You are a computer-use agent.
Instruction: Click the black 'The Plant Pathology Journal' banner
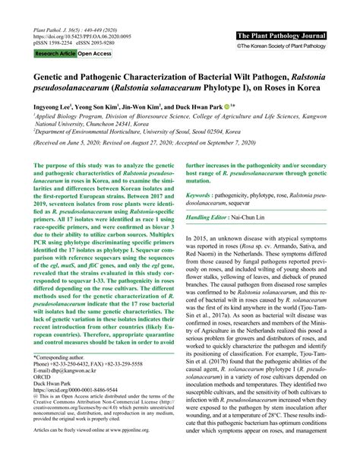[282, 36]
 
